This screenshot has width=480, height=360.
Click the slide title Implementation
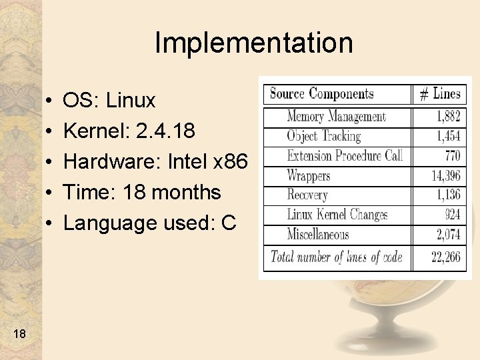(253, 43)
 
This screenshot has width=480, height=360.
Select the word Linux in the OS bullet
(131, 101)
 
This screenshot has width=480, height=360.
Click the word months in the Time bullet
(186, 193)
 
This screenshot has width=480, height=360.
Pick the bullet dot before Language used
(51, 223)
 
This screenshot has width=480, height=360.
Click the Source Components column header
(321, 94)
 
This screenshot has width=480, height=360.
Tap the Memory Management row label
(336, 117)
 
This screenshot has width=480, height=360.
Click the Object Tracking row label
(323, 137)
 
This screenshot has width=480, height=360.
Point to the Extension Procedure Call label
(345, 156)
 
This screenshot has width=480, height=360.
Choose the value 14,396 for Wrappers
(446, 176)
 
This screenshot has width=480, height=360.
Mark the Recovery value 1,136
(448, 195)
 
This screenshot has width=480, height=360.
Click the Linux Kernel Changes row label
(337, 215)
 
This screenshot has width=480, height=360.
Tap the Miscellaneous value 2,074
(448, 234)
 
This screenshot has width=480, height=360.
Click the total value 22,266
(446, 257)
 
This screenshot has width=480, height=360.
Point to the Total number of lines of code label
(336, 257)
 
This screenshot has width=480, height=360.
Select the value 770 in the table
(452, 156)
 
